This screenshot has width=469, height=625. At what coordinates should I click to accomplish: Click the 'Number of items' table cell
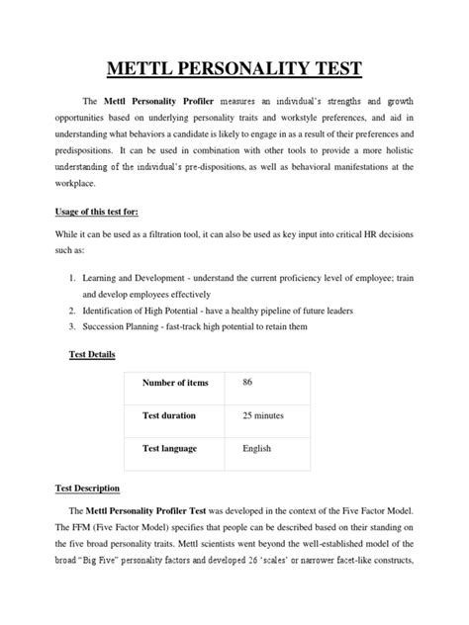click(173, 385)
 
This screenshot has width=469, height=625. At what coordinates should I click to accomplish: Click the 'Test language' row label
click(169, 448)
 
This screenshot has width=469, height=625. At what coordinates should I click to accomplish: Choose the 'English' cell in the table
click(256, 448)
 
